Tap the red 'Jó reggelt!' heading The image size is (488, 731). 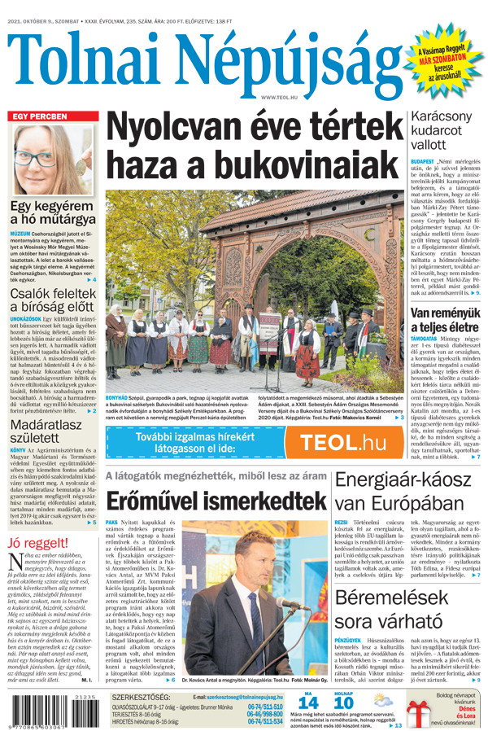37,543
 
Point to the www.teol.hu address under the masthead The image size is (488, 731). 278,97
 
